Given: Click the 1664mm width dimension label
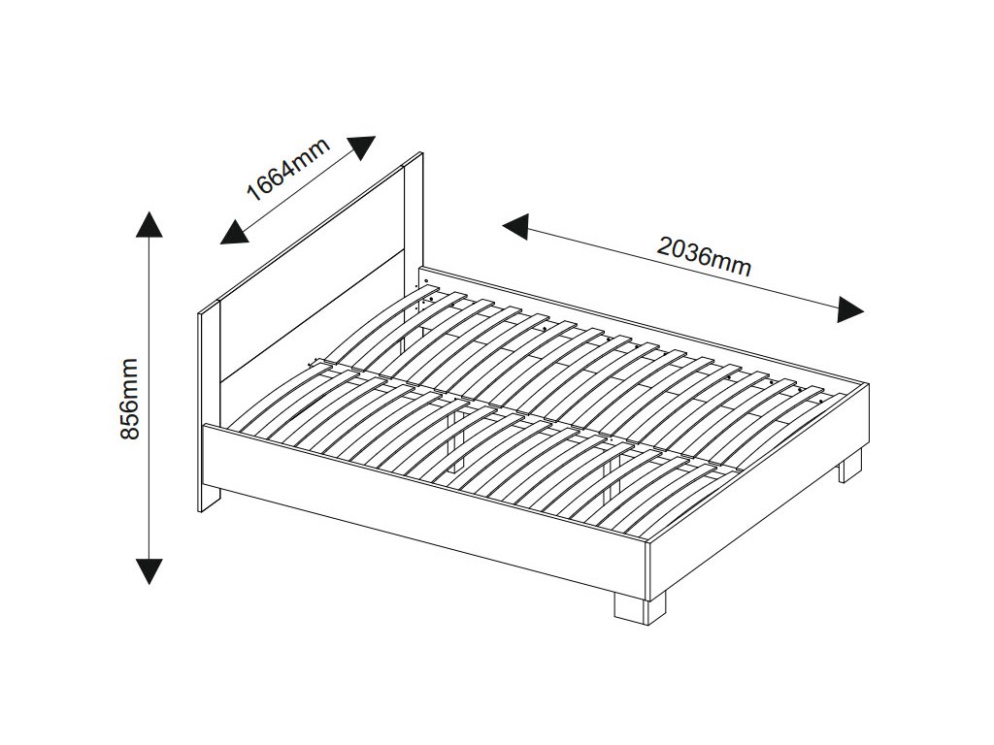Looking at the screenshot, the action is (288, 169).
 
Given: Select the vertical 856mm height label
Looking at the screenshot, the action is (130, 398).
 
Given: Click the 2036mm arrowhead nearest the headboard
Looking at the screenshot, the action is (515, 227).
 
